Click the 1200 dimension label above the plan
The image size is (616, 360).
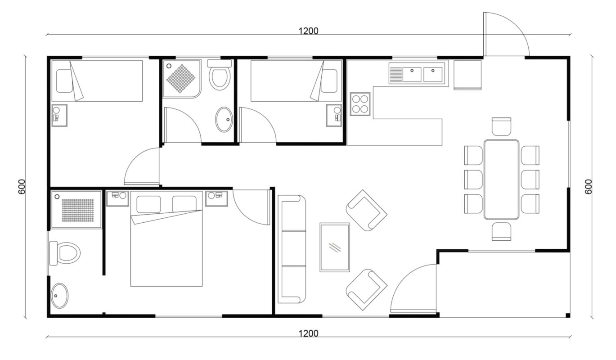[308, 31]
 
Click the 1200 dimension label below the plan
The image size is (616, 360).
[308, 333]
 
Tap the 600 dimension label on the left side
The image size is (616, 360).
[22, 187]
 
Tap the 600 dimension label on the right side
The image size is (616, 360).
[588, 187]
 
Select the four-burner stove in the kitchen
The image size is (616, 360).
[360, 104]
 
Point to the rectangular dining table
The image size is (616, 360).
[501, 180]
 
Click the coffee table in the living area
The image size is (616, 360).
[335, 247]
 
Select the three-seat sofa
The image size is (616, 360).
[292, 249]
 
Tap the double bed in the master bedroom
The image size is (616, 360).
[166, 238]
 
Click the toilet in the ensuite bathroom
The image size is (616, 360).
[65, 253]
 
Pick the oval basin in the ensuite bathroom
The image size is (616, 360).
[60, 296]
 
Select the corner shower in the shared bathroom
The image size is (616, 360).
[182, 79]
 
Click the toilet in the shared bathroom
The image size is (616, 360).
[220, 75]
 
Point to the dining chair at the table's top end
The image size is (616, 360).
[501, 126]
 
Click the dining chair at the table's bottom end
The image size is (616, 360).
[501, 232]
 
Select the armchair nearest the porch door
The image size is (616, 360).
[366, 290]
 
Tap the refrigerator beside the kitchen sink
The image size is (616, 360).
[468, 75]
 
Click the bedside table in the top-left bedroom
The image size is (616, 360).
[59, 115]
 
